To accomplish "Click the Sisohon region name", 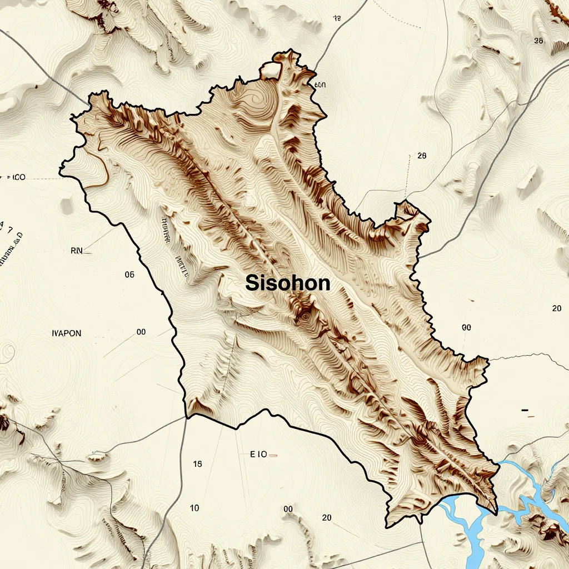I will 288,283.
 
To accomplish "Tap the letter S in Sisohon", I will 252,283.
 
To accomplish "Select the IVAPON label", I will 66,333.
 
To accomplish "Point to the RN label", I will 76,251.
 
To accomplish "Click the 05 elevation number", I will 130,274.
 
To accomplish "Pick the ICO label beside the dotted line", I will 17,178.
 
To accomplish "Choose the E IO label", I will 259,454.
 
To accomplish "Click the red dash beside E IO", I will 273,455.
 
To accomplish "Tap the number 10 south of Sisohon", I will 194,508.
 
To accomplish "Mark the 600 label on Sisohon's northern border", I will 320,85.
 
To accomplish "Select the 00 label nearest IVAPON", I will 141,332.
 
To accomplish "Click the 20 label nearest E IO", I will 327,518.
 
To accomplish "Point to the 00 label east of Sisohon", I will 466,328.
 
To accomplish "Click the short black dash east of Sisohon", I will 525,411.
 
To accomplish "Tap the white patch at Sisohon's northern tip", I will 271,70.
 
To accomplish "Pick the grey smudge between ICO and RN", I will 67,206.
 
